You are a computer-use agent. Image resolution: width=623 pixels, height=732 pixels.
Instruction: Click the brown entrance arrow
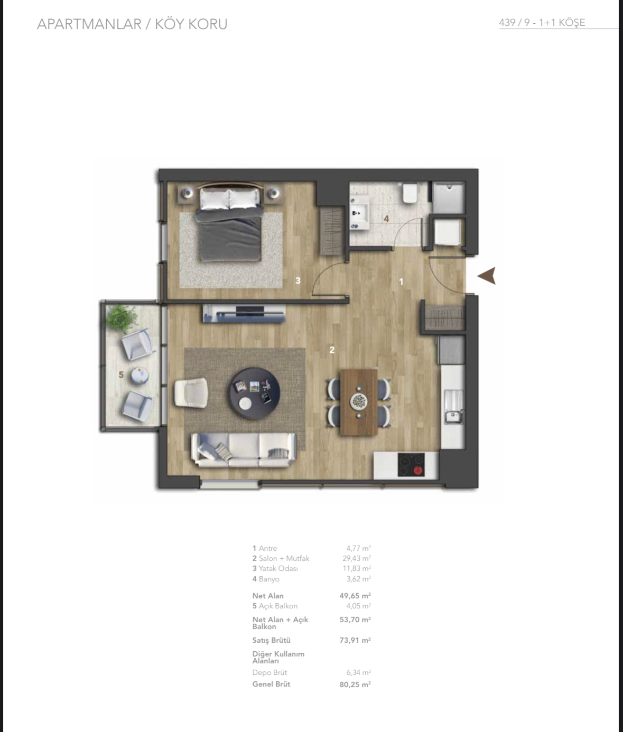click(x=487, y=276)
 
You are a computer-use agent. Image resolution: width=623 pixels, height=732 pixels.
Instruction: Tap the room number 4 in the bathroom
click(x=386, y=219)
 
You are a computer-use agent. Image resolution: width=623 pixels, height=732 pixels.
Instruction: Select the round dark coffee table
click(x=255, y=393)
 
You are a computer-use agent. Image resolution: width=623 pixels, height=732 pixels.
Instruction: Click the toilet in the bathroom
click(x=410, y=193)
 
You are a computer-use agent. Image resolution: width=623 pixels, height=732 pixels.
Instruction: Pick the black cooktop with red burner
click(x=411, y=464)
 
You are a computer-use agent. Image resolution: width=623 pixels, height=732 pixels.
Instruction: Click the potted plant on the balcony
click(x=122, y=318)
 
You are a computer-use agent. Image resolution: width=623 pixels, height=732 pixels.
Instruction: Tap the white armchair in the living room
click(x=191, y=392)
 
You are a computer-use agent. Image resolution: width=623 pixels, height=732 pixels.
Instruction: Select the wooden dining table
click(x=359, y=402)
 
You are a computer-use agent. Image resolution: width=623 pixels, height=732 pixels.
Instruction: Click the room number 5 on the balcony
click(x=121, y=374)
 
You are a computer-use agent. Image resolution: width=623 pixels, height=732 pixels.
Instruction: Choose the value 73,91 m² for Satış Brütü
click(x=355, y=640)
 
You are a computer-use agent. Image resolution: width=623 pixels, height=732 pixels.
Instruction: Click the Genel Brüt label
click(x=271, y=684)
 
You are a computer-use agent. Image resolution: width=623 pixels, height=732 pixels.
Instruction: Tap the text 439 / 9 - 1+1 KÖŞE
click(x=542, y=23)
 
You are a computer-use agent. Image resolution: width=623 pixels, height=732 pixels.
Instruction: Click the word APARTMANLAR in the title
click(x=89, y=24)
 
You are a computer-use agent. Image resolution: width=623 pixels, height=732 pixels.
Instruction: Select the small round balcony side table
click(x=140, y=376)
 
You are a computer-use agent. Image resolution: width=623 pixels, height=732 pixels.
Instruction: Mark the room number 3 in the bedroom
click(x=298, y=280)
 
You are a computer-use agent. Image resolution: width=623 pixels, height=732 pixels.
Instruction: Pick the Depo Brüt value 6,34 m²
click(x=358, y=672)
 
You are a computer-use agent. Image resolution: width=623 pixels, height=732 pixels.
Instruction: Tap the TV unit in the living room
click(x=244, y=313)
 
